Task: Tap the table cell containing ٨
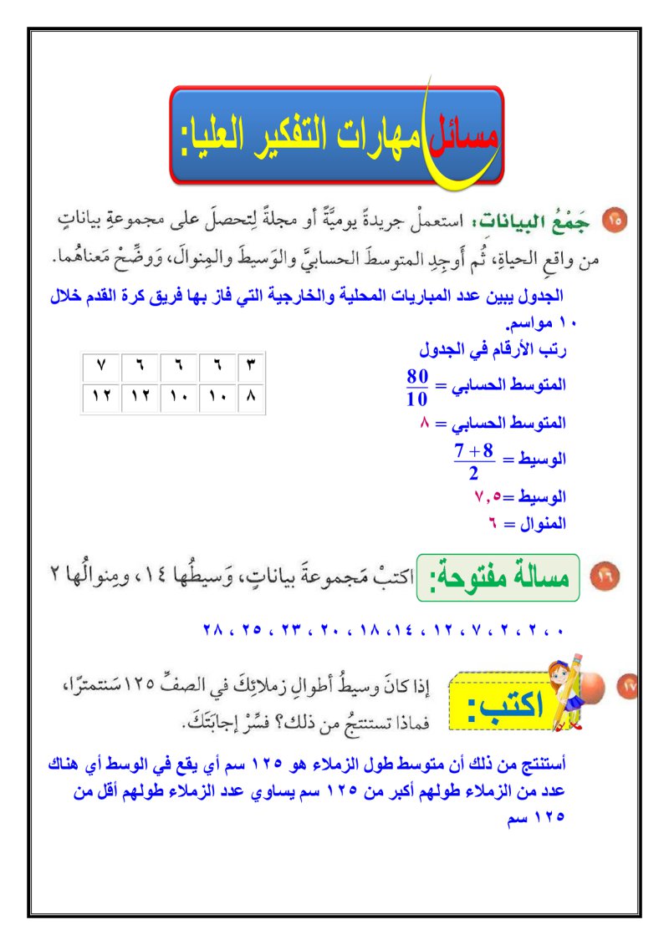(x=252, y=398)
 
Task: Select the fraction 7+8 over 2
(x=472, y=461)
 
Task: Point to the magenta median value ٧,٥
(x=488, y=497)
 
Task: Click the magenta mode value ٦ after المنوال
(x=495, y=525)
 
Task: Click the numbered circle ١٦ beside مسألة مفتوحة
(x=604, y=577)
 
